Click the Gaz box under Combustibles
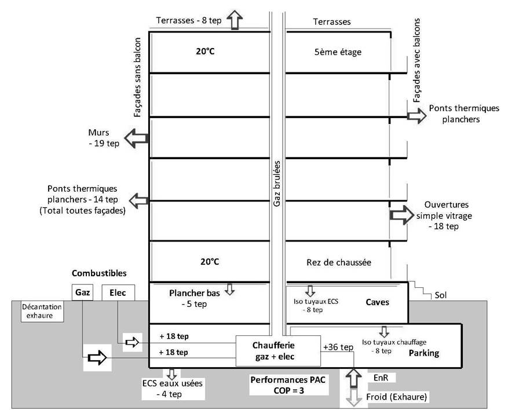(x=82, y=292)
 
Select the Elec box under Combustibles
(x=118, y=293)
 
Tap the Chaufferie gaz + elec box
(x=278, y=351)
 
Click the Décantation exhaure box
(x=42, y=312)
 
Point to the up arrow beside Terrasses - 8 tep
(x=235, y=20)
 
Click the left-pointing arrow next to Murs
(x=137, y=138)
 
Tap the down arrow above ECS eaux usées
(x=171, y=374)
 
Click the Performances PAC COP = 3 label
(x=288, y=385)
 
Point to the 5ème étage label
(x=338, y=52)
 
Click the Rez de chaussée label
(x=339, y=262)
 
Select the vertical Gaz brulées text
(x=277, y=184)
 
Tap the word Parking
(x=424, y=353)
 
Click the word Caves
(x=377, y=302)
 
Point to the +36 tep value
(x=338, y=347)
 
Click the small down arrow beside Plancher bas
(x=230, y=289)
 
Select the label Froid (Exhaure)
(x=396, y=397)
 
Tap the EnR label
(x=381, y=378)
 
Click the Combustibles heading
(x=99, y=273)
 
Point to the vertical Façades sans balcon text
(x=137, y=78)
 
